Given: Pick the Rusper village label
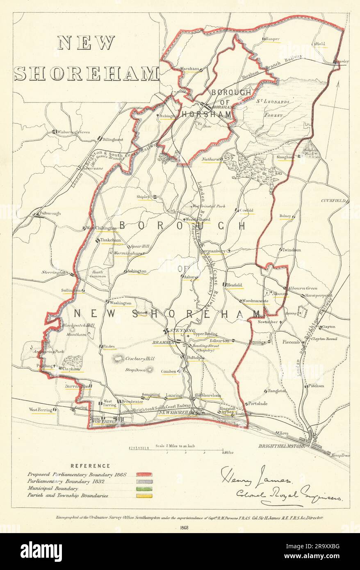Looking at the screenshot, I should [x=272, y=39].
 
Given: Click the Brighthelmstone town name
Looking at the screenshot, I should [x=282, y=445].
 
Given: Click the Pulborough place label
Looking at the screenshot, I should [x=50, y=213].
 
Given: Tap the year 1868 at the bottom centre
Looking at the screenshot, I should [x=180, y=528].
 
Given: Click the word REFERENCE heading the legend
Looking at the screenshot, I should [x=90, y=465].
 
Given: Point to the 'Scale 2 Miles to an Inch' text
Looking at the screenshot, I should [x=178, y=446].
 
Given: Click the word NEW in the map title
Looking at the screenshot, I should [x=86, y=43].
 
